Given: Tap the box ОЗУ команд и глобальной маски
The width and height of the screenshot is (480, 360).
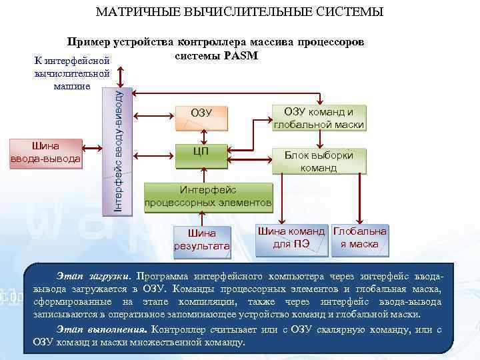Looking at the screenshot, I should (x=319, y=118).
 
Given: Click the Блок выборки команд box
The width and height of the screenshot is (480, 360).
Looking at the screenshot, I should (x=319, y=161).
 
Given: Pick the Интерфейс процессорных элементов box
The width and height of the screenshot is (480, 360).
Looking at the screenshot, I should (x=208, y=196).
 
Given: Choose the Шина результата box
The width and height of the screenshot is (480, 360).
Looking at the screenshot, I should (x=202, y=239).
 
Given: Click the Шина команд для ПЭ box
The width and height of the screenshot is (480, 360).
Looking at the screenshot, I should (x=291, y=238).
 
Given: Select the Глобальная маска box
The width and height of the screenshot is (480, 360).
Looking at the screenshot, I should (x=359, y=238).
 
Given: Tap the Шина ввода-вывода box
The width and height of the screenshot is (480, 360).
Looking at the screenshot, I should (x=46, y=152).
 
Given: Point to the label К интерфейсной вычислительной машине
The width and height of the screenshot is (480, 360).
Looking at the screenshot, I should (x=72, y=73).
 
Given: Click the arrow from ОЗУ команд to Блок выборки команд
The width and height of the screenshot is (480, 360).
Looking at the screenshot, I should (x=319, y=139).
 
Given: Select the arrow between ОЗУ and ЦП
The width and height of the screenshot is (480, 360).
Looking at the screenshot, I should (x=201, y=134).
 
